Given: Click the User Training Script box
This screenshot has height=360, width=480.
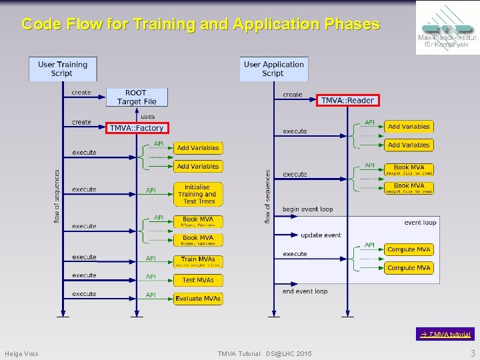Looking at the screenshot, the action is pos(63,69).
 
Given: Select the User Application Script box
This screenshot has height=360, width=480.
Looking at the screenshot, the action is pos(273,69).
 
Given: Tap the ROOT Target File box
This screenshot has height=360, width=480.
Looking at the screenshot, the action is pos(137,97).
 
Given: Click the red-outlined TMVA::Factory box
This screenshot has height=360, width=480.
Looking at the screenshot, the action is pos(136,128).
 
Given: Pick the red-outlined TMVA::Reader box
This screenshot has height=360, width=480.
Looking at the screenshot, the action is pos(347,100).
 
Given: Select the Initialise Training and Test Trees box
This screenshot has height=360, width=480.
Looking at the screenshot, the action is pos(198,194).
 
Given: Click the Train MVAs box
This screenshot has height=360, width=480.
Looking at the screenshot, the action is pos(198,261).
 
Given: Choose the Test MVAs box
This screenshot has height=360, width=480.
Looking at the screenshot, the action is pos(198,280).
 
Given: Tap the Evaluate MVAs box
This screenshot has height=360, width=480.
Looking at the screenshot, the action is pos(198,299).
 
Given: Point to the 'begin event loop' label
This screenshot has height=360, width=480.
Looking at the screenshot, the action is pos(307,209).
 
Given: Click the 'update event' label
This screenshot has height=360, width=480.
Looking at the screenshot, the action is pos(321,235).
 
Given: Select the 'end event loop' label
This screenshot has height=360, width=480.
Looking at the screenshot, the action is pos(305,291).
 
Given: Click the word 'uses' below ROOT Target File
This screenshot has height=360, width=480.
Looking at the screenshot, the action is pos(147,117).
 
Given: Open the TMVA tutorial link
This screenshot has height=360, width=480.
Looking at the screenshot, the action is pos(446,334).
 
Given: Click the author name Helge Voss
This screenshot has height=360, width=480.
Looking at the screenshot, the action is pos(21,353).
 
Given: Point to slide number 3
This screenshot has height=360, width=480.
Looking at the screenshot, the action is pos(472,353).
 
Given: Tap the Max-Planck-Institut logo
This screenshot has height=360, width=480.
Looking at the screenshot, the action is pos(447,27).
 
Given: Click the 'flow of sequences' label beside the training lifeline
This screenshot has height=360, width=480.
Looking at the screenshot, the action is pos(57,195).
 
